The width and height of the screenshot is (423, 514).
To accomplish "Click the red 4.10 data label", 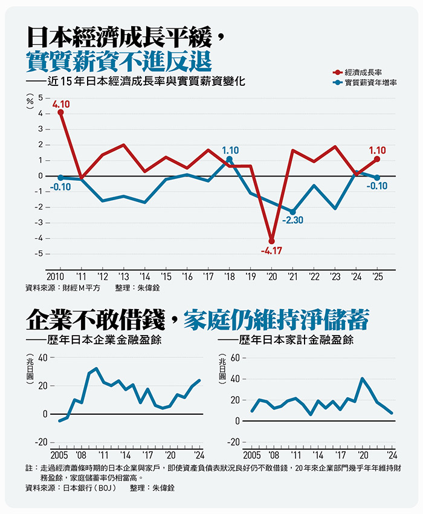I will click(61, 104).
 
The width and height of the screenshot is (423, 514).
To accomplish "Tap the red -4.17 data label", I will click(272, 250).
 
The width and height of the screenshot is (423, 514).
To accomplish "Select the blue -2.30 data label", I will click(292, 220).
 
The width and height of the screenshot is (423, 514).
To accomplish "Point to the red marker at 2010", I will click(60, 112).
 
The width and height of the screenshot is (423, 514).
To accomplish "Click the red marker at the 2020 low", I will click(271, 241).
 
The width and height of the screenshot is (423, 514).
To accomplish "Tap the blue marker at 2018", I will click(229, 159).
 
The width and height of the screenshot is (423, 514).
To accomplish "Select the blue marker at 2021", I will click(293, 212).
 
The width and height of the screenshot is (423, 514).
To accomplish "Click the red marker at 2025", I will click(377, 159).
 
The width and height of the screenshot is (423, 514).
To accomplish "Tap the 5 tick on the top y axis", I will click(40, 97).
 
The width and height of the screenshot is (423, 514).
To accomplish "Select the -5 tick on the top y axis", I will click(39, 254).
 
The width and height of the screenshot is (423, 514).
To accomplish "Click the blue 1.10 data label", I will click(230, 149).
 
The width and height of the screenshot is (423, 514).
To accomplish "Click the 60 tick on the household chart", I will click(235, 358).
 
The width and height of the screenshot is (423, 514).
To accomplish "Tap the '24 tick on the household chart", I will click(391, 455).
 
